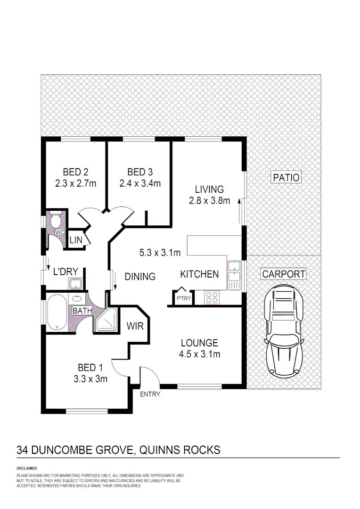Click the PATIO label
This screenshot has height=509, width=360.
coord(286,177)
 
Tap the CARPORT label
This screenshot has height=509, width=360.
coord(284,274)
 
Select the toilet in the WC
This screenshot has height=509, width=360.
coord(56,221)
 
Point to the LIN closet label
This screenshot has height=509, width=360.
coord(76,240)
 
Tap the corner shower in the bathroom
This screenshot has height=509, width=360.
coord(106,321)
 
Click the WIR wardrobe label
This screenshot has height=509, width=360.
coord(134,326)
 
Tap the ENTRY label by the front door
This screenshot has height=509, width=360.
coord(150,394)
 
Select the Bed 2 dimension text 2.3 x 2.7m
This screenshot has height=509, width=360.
coord(75,183)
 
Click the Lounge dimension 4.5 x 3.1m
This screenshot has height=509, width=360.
coord(199,354)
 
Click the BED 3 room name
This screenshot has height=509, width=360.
coord(139,172)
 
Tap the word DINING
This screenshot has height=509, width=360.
coord(140,277)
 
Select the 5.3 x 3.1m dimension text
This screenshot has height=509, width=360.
coord(160,253)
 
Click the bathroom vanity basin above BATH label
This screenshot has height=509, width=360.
coord(76,299)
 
